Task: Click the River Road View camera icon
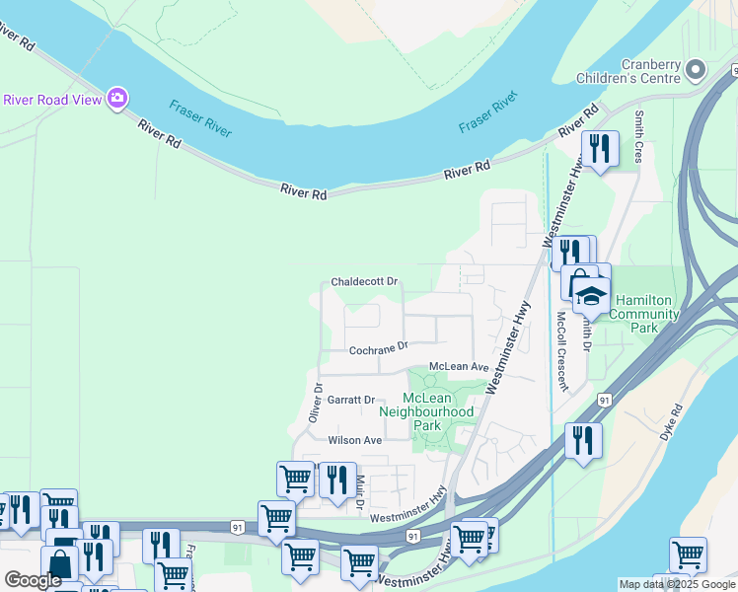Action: (117, 98)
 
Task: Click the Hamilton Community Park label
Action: (645, 314)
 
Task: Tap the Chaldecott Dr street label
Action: (364, 281)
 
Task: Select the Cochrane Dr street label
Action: (379, 349)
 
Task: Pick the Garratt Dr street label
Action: (352, 400)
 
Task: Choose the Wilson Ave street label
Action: (354, 440)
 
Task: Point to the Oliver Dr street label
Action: (317, 404)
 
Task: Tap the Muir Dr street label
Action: (361, 489)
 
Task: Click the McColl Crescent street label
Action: (560, 340)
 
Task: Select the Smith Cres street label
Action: (639, 137)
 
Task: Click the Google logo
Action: (33, 580)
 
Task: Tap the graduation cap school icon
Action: (591, 295)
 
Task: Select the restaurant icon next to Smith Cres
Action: (600, 149)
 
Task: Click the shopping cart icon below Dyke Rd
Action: (688, 555)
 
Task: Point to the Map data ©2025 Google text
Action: (677, 584)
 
